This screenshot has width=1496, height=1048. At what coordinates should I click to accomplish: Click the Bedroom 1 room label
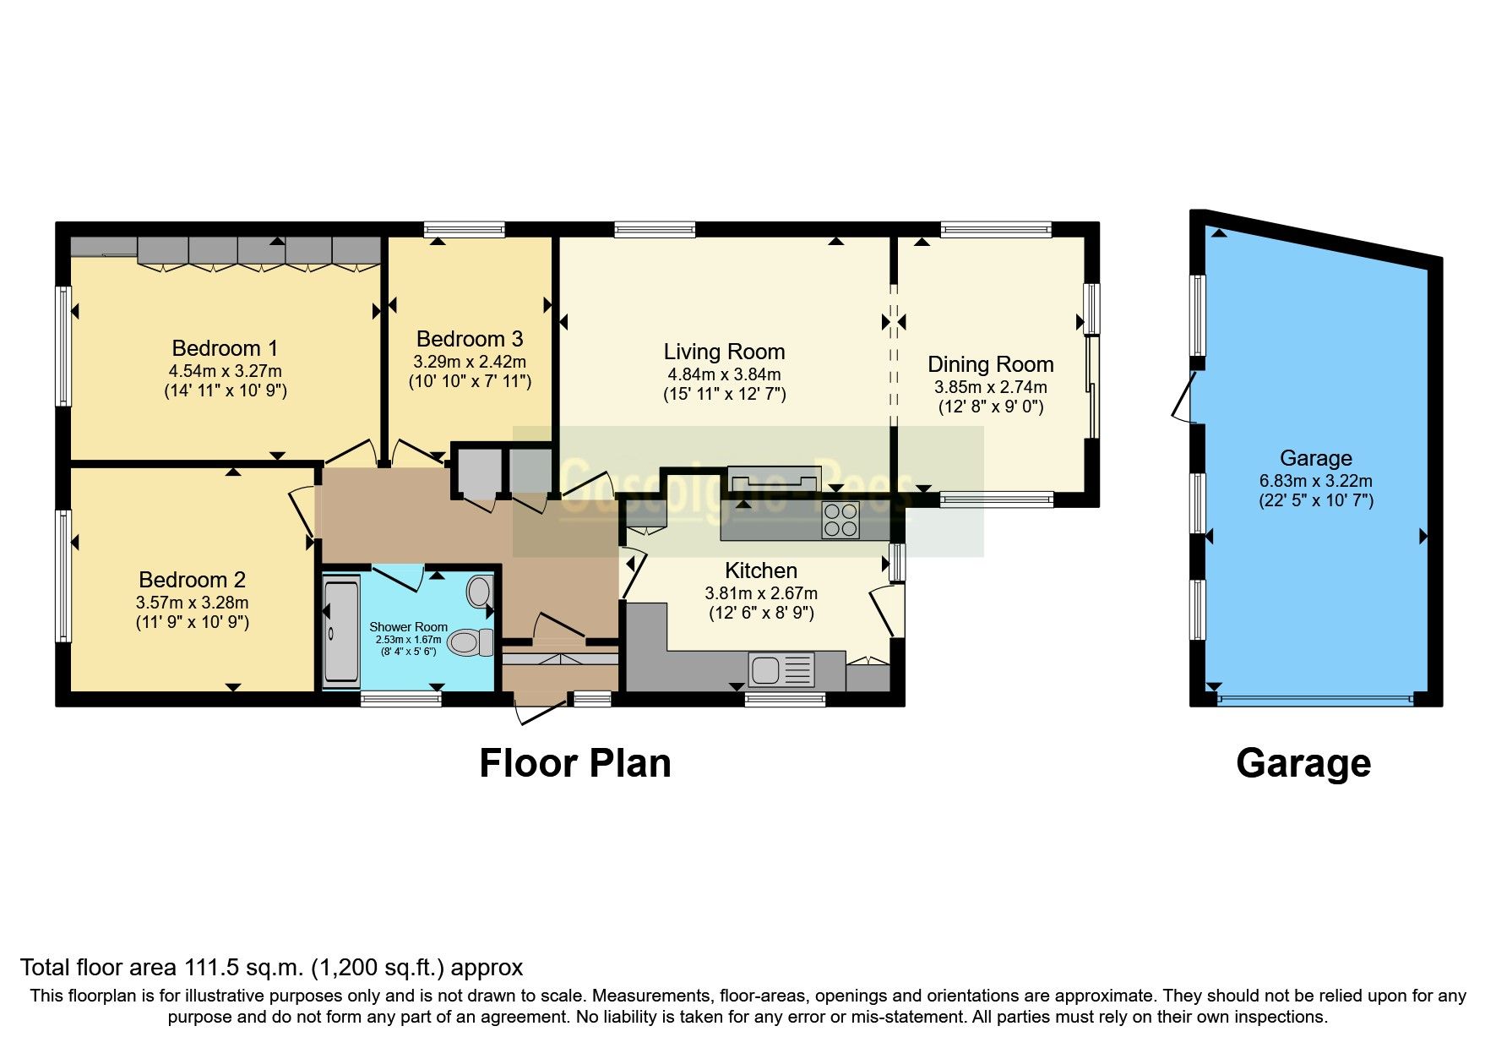[x=225, y=348]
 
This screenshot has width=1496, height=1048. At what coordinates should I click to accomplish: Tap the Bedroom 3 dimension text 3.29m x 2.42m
[x=470, y=362]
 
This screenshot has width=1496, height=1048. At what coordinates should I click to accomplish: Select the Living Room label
[x=724, y=352]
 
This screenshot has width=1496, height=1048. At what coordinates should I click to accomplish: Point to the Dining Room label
[x=990, y=364]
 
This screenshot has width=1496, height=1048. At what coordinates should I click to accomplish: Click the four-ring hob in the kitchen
[x=840, y=520]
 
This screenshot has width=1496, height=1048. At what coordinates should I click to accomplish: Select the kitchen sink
[x=781, y=670]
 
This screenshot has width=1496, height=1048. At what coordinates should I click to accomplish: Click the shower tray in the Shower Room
[x=341, y=630]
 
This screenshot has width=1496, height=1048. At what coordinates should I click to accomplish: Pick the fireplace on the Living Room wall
[x=773, y=479]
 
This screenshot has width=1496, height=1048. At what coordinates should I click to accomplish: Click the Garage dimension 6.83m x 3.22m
[x=1315, y=481]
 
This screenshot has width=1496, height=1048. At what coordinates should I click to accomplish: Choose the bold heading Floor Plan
[x=574, y=763]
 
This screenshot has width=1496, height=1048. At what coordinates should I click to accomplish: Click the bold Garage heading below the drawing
[x=1303, y=763]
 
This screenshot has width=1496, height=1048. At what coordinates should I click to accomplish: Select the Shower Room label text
[x=408, y=627]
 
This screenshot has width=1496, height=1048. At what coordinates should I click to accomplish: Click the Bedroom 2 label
[x=192, y=580]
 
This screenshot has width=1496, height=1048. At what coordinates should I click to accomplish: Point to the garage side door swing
[x=1183, y=398]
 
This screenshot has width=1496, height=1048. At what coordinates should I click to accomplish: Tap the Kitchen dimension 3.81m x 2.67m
[x=760, y=593]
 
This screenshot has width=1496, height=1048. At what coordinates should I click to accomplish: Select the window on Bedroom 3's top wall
[x=464, y=229]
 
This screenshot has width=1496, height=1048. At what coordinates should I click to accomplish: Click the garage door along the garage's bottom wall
[x=1314, y=700]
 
